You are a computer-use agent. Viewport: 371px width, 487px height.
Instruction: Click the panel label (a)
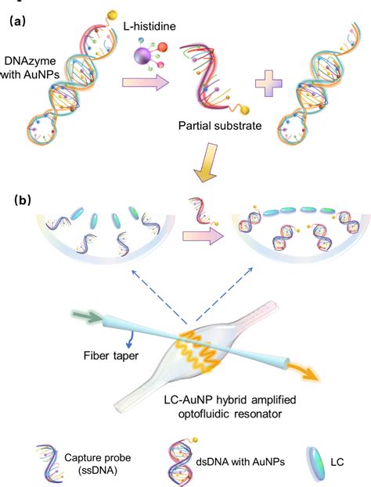click(x=18, y=22)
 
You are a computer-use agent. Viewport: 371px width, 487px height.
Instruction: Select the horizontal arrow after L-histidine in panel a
click(x=145, y=84)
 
